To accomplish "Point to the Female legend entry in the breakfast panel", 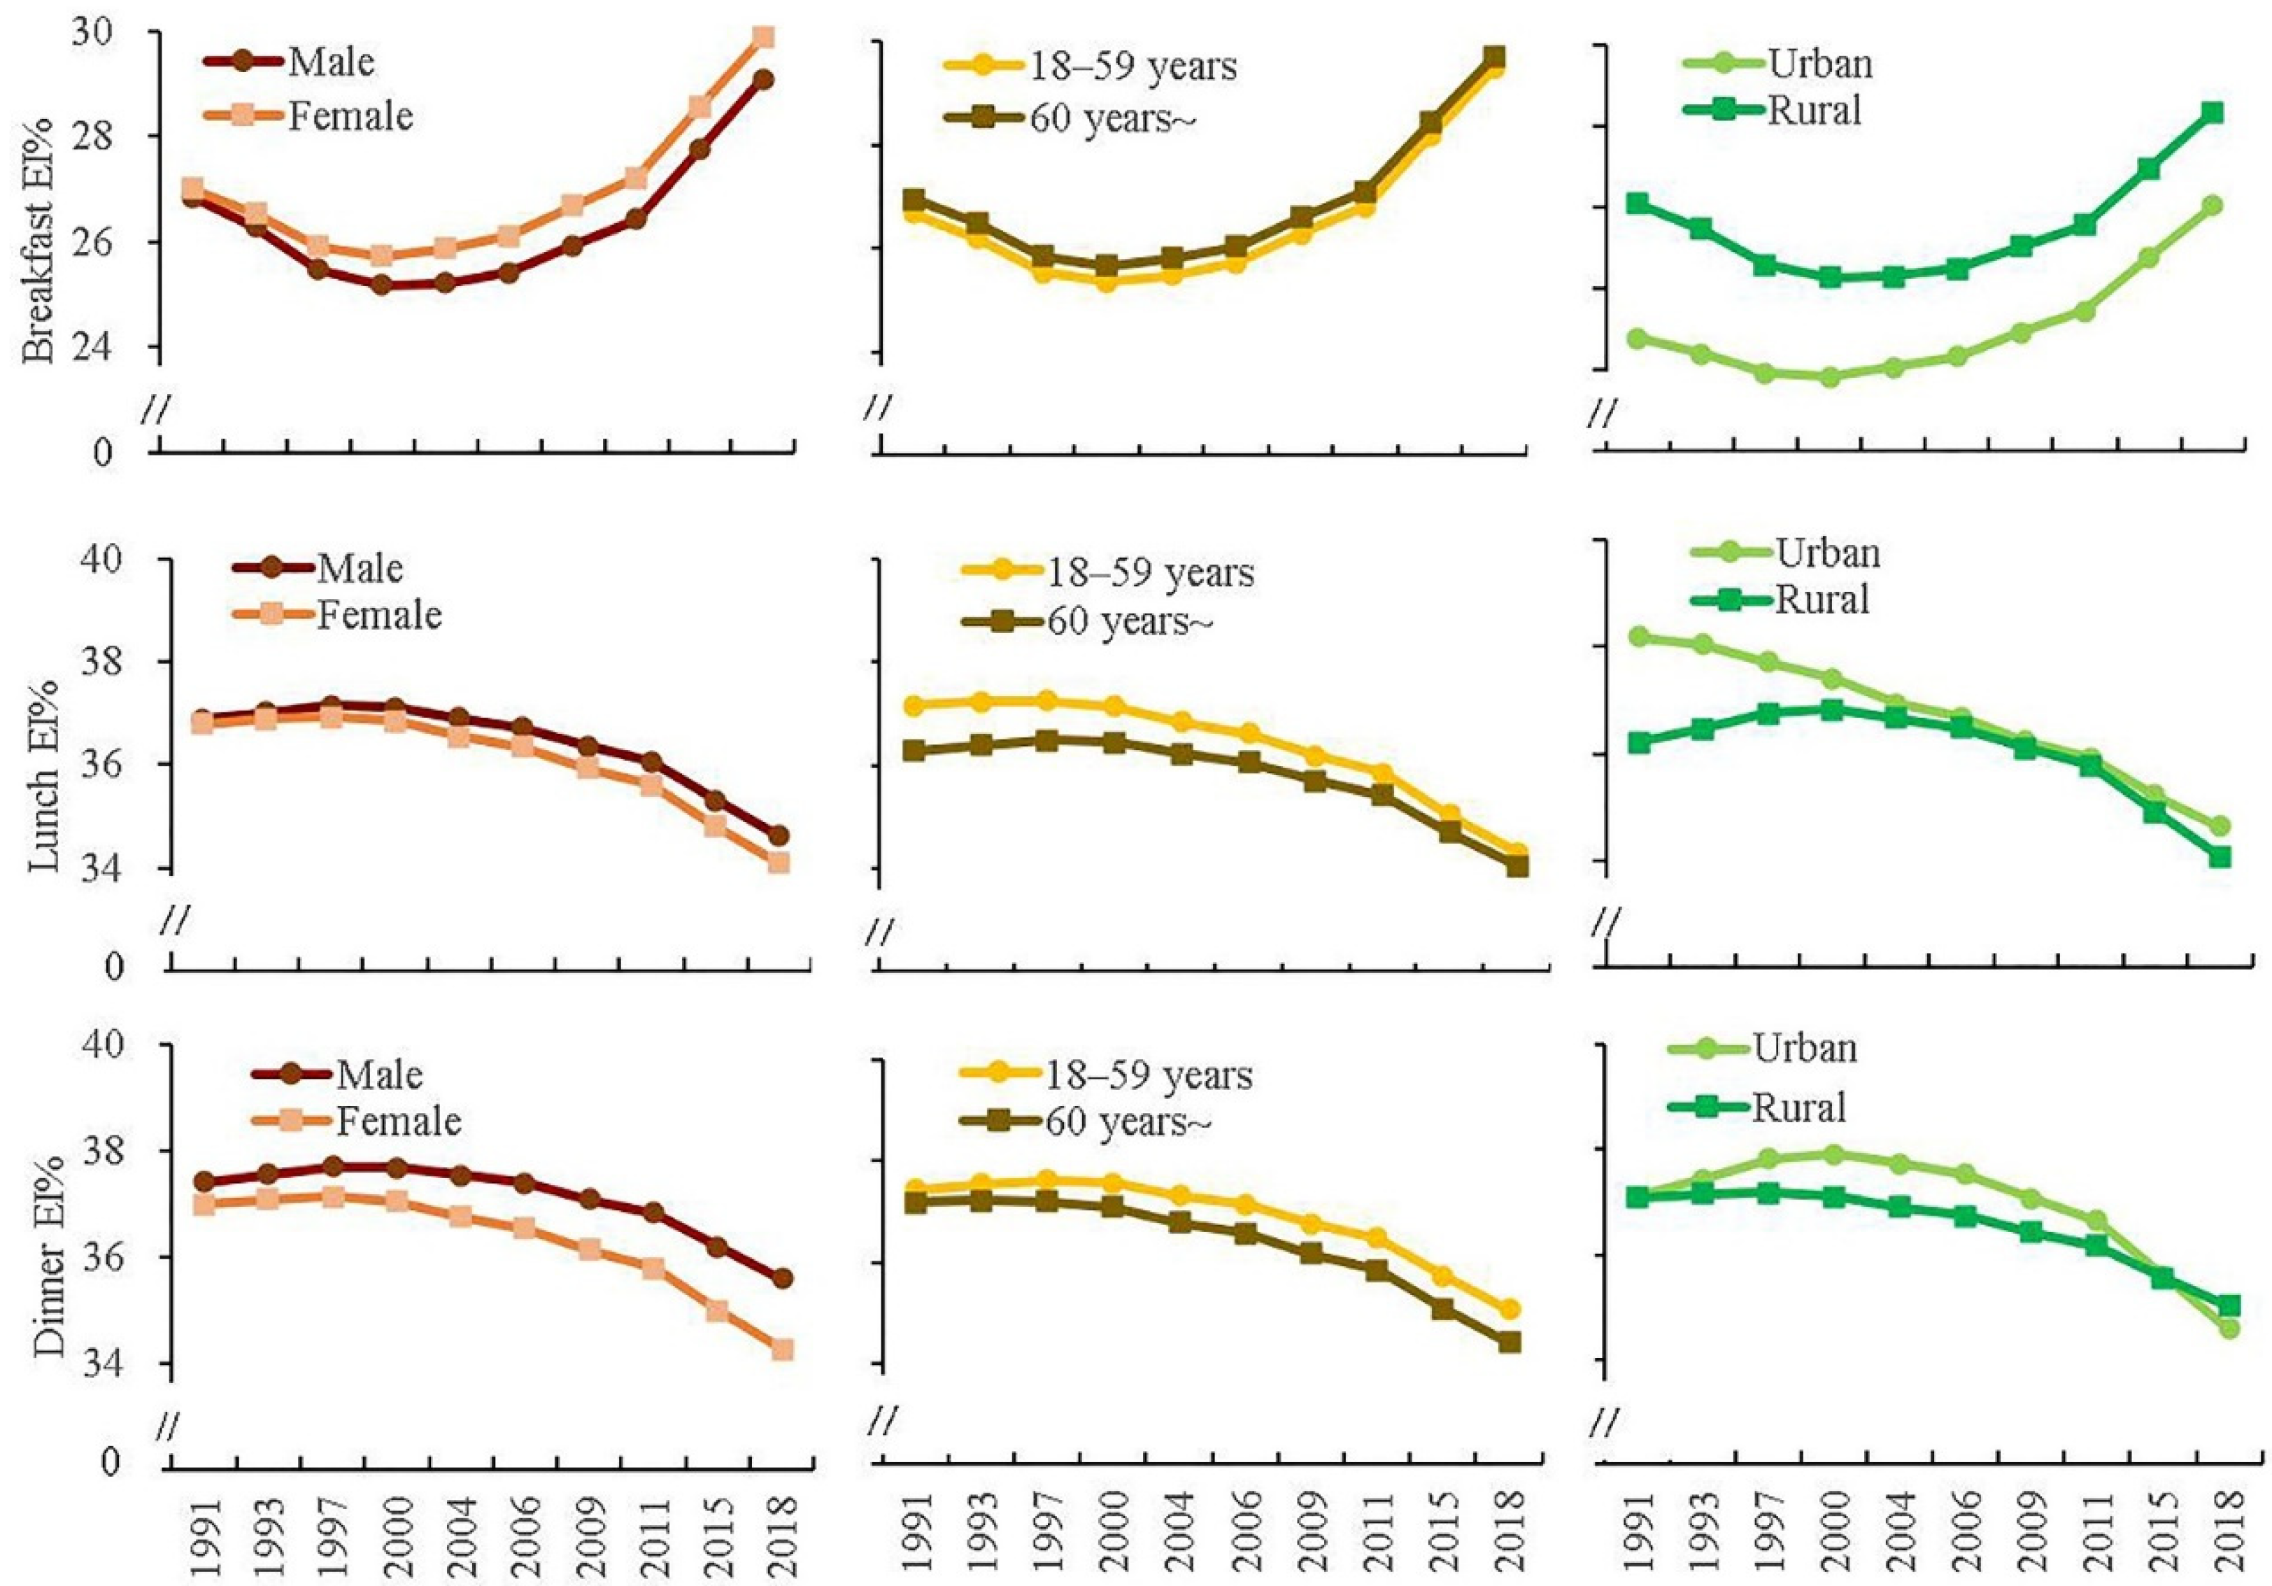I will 349,117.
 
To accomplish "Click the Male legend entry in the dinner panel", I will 378,1075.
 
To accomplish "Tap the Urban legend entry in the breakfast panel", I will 1819,64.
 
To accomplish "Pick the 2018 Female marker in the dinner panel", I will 782,1350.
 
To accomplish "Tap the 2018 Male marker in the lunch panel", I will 778,835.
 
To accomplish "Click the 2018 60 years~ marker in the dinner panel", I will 1508,1342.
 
